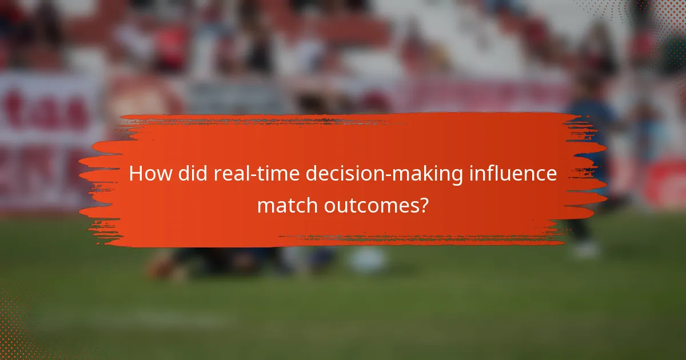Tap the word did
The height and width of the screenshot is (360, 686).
(x=190, y=173)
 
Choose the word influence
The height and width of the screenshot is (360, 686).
(x=513, y=173)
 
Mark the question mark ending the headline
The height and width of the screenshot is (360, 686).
(x=423, y=204)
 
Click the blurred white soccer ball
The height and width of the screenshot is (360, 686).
(x=368, y=260)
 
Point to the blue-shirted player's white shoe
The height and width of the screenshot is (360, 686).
(x=587, y=250)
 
